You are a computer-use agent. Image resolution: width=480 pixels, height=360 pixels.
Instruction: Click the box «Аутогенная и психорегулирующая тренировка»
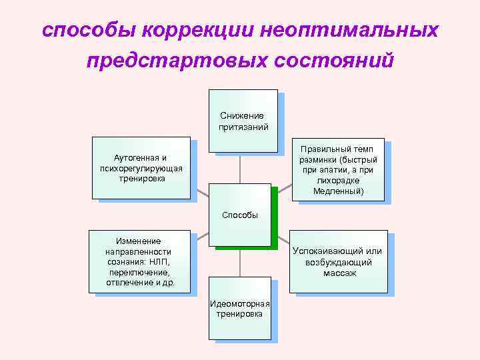(140, 168)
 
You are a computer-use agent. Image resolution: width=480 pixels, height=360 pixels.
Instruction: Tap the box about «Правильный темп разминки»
(337, 169)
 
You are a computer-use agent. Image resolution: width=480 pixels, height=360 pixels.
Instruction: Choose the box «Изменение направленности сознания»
(139, 262)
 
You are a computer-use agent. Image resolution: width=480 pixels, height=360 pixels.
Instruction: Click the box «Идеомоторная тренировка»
(239, 308)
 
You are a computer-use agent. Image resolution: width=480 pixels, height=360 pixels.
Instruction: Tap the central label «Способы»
(239, 215)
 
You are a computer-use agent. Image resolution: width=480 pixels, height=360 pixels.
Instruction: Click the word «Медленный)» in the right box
(338, 191)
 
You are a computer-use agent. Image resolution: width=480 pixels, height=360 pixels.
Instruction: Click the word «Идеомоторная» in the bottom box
(239, 304)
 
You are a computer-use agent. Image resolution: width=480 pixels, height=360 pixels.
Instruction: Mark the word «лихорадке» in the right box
(338, 181)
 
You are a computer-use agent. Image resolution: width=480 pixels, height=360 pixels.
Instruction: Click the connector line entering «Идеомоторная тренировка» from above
(240, 262)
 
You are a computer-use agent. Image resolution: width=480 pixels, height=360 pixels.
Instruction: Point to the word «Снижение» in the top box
(242, 116)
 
